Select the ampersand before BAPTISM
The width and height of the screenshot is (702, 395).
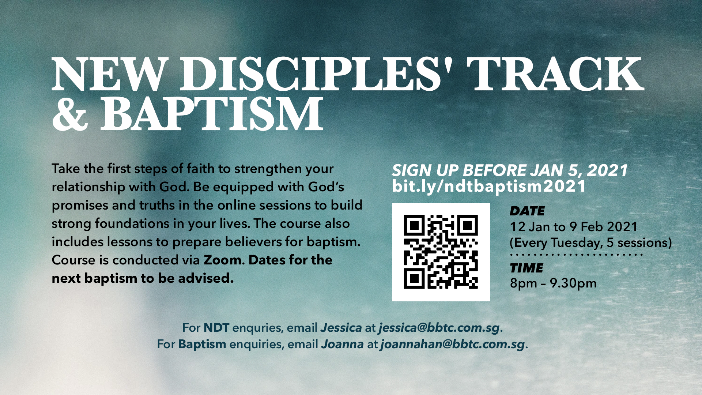[70, 113]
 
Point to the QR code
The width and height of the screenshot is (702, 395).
[441, 252]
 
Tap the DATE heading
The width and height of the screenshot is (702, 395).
[527, 211]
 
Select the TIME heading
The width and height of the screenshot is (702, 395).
[526, 268]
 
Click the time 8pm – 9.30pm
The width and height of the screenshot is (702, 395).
[553, 283]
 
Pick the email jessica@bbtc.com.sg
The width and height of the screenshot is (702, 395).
[439, 328]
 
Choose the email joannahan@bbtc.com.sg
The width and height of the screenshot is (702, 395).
[453, 344]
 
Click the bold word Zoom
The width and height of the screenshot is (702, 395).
[223, 260]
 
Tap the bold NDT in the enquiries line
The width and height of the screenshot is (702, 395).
[216, 328]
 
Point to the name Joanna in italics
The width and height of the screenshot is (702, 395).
[343, 344]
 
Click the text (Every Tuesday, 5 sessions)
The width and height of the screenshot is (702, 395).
[591, 243]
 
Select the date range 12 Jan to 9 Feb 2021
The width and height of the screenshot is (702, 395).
[574, 227]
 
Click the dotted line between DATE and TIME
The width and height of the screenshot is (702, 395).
[576, 255]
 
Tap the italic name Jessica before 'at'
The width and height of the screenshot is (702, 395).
[341, 328]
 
